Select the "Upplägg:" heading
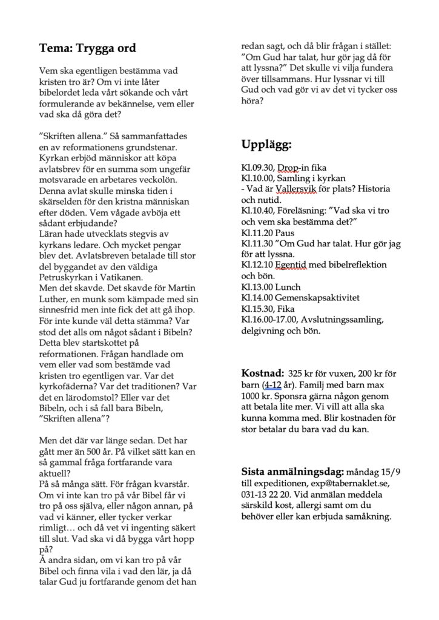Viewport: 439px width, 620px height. [266, 145]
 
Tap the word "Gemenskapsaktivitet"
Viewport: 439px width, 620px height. [316, 298]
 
